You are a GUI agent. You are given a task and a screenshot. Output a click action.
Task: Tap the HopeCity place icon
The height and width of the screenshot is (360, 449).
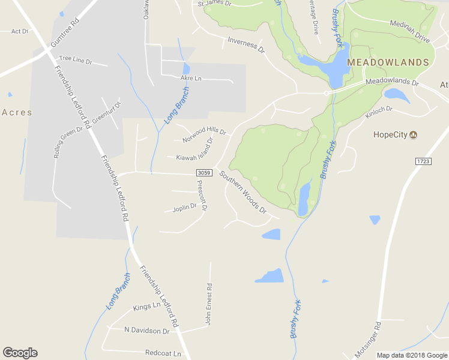[413, 135]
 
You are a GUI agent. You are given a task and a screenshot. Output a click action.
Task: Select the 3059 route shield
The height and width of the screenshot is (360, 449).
[203, 173]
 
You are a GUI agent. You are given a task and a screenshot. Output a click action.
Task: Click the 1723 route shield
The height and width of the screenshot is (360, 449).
[423, 162]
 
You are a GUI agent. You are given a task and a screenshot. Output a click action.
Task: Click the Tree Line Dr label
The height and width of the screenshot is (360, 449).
[75, 61]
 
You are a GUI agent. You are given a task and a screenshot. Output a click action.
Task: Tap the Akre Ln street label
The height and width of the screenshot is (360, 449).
[191, 78]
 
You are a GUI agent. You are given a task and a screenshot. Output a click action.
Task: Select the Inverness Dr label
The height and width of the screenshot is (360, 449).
[246, 45]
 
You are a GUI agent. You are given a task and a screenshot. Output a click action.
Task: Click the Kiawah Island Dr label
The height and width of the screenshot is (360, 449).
[194, 150]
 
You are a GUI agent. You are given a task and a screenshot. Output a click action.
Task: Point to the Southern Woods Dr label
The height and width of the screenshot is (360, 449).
[243, 192]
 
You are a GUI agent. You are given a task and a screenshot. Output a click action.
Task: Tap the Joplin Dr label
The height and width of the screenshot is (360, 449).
[184, 208]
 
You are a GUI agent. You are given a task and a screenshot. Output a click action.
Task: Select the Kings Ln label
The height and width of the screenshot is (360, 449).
[147, 306]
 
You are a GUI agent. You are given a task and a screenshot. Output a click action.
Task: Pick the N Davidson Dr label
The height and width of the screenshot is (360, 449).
[146, 331]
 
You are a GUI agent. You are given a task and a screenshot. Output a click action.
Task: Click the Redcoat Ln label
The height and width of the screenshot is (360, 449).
[163, 353]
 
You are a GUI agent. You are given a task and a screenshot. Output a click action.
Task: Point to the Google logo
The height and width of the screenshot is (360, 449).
[20, 353]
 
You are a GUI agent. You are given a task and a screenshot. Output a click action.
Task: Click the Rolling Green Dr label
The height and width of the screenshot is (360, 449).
[68, 142]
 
